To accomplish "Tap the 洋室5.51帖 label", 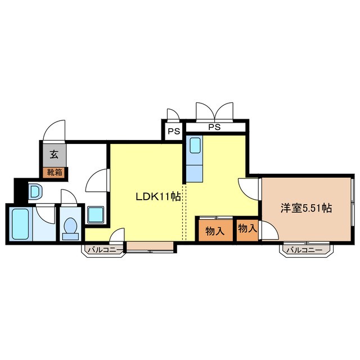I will point(306,208).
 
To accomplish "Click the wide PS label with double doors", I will point(214,127).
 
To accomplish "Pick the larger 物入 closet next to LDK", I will point(214,231).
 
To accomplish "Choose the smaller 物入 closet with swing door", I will point(247,229).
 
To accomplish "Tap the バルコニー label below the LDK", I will point(105,250).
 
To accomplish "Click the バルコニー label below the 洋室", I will point(305,250).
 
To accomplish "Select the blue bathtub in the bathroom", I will point(20,224).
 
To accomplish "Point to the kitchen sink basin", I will point(195,146).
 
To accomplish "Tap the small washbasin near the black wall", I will point(34,192).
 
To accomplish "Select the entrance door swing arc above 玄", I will point(55,129).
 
